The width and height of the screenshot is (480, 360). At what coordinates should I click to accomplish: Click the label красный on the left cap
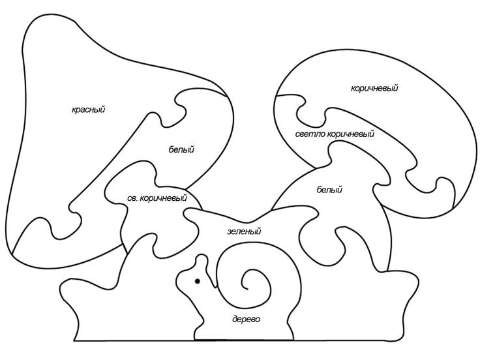tap(88, 110)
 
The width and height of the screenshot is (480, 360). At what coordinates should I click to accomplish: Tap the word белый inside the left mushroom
tap(181, 150)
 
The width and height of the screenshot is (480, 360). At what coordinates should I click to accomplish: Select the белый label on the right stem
tap(329, 190)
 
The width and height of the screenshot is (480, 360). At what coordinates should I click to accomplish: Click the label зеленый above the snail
tap(244, 232)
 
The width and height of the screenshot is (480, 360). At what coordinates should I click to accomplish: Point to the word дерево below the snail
tap(246, 320)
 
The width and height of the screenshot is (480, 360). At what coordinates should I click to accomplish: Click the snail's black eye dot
tap(197, 281)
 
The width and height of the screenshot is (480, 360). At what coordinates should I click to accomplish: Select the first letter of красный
tap(74, 110)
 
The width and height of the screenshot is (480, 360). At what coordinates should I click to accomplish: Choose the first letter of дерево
tap(234, 320)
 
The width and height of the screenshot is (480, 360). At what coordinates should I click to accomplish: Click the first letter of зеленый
tap(229, 232)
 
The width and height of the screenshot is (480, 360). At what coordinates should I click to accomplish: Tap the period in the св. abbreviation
tap(137, 200)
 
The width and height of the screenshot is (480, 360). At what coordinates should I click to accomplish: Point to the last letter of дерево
tap(258, 320)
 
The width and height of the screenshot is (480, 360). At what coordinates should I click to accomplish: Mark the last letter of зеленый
tap(259, 232)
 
